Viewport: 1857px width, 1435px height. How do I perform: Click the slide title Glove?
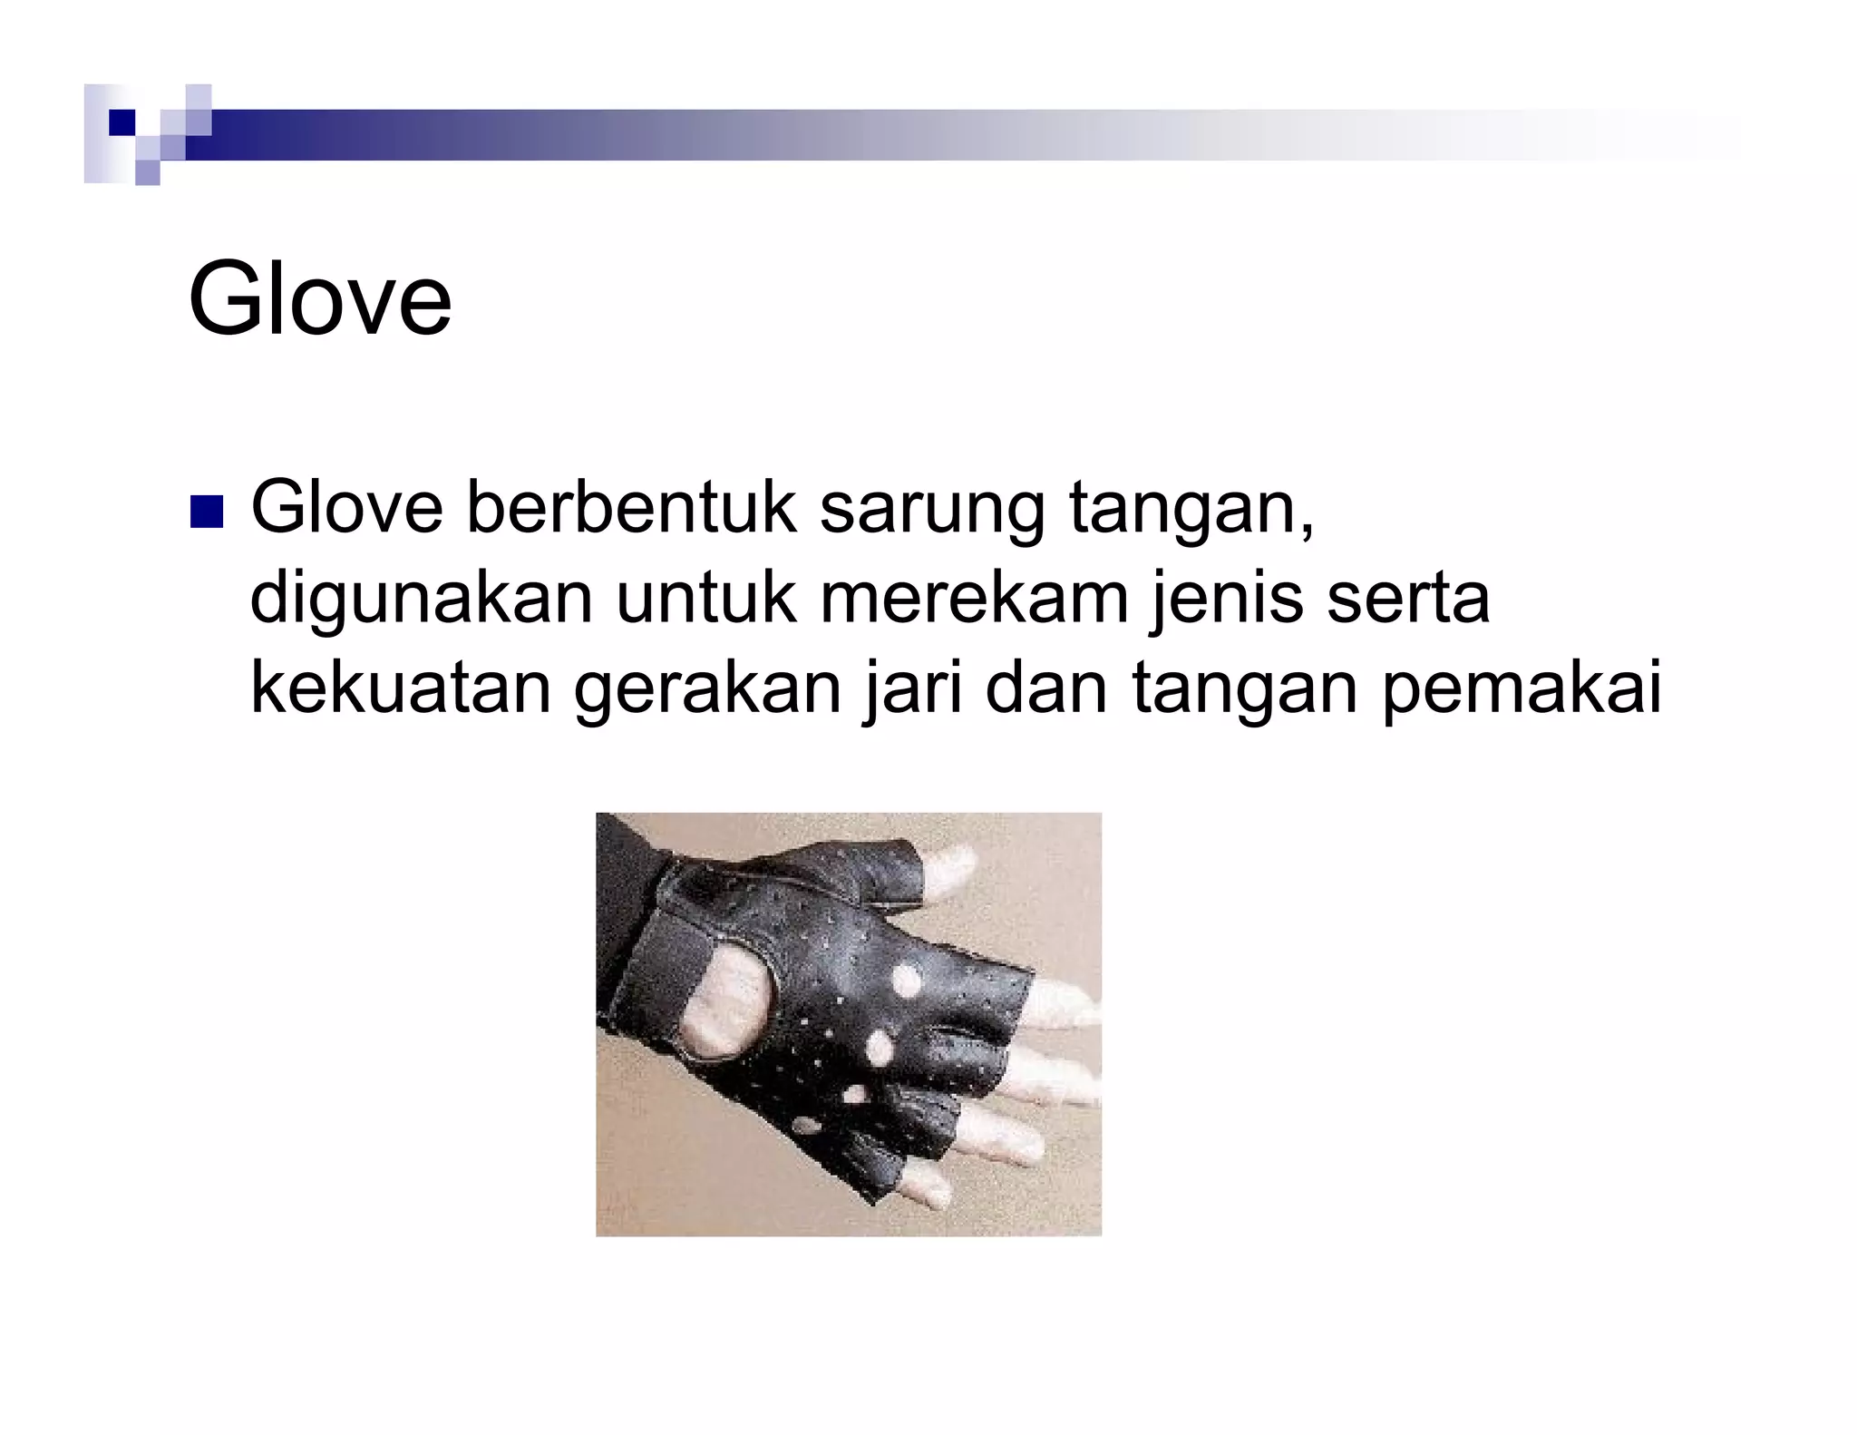pos(319,299)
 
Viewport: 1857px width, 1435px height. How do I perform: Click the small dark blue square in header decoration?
pos(121,122)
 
